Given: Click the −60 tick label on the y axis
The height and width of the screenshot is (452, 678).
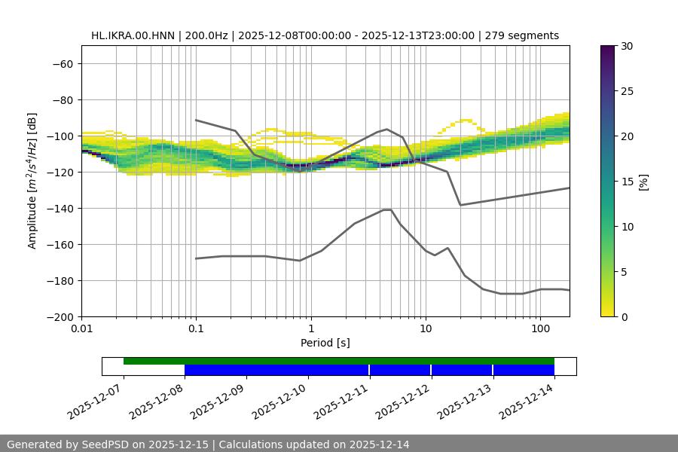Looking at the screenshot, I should point(61,63).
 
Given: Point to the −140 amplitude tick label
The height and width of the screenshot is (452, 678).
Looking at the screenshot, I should point(59,208).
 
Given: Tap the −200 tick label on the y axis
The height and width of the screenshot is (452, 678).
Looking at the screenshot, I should point(59,316).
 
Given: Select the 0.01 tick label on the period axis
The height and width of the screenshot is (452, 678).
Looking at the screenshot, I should point(81,329).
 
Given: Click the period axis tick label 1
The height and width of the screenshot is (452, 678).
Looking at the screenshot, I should point(310,329).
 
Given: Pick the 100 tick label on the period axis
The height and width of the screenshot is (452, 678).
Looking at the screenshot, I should point(539,329).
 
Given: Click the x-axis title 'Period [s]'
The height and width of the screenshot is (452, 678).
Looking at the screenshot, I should point(325,343).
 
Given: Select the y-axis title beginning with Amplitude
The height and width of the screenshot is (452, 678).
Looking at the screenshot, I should point(32,181).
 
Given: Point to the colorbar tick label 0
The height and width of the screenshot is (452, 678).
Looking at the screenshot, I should point(625,316).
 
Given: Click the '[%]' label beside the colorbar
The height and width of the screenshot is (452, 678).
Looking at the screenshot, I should point(643,182).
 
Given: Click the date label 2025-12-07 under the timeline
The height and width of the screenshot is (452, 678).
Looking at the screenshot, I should point(96,403).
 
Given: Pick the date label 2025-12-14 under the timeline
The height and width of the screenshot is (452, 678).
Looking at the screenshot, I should point(528,403).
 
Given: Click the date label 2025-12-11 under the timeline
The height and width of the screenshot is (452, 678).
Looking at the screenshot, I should point(343,403).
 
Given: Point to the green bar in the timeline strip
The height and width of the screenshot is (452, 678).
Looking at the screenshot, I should point(339,361).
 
